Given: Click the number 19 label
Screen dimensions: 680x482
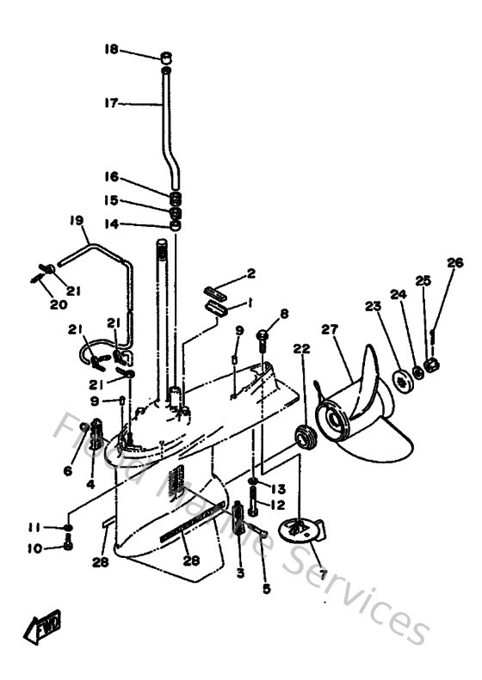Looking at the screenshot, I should (x=77, y=221).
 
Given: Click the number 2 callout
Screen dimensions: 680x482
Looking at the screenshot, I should (x=251, y=274).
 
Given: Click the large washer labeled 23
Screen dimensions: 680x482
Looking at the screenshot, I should (x=399, y=378).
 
